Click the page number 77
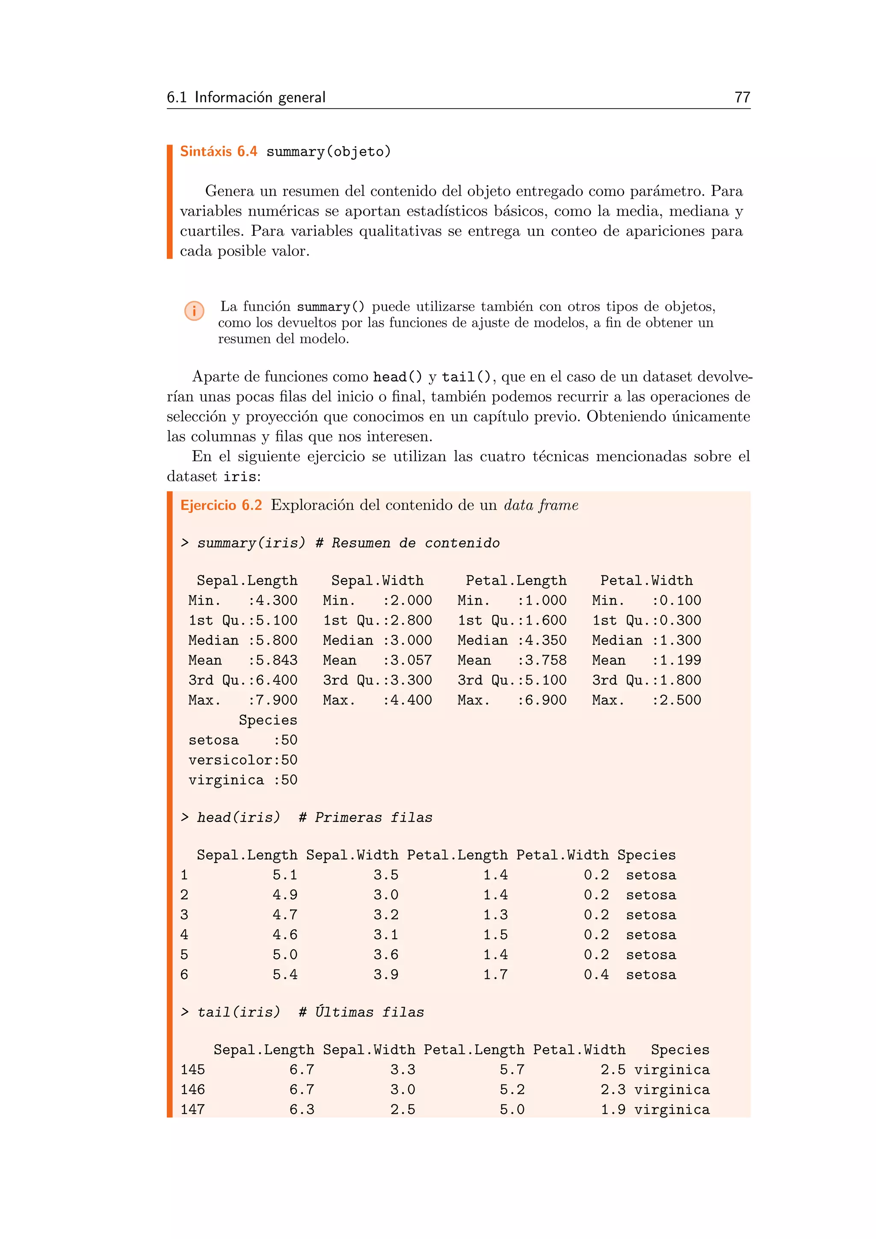click(x=742, y=97)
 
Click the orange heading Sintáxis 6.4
click(x=219, y=151)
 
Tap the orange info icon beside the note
click(x=194, y=311)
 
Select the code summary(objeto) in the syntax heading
click(x=328, y=151)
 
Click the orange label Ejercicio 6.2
click(x=221, y=505)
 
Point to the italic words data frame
click(x=541, y=505)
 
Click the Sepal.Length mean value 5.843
click(x=277, y=660)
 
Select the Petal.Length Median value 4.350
click(x=546, y=640)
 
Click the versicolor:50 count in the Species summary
click(x=243, y=760)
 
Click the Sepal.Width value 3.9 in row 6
click(x=386, y=975)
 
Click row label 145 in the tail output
click(x=192, y=1070)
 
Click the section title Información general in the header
click(x=260, y=97)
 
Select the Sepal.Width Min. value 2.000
click(x=411, y=600)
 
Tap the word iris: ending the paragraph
click(x=242, y=477)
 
